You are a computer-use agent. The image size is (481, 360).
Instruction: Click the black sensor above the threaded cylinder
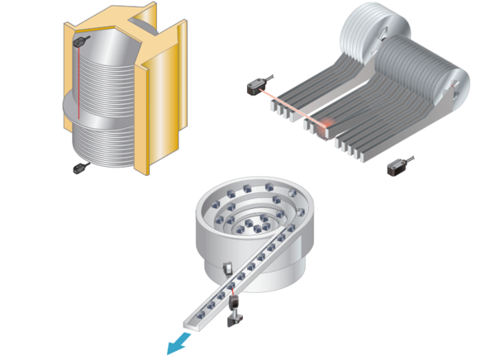pyautogui.click(x=81, y=39)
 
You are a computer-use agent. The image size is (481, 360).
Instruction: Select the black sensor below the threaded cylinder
pyautogui.click(x=80, y=168)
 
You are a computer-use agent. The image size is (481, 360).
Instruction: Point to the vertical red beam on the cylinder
pyautogui.click(x=76, y=99)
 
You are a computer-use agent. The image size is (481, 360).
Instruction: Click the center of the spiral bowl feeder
pyautogui.click(x=248, y=220)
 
